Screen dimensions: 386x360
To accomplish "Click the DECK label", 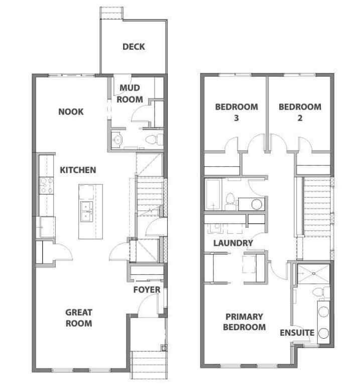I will pos(134,47).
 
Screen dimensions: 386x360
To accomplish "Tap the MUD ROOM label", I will pos(131,93).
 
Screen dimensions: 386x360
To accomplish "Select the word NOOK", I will pos(71,112).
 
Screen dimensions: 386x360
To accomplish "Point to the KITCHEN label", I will pos(78,170).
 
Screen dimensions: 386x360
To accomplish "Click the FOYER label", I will pos(147,289).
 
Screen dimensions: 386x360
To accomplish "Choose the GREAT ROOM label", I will pos(78,318).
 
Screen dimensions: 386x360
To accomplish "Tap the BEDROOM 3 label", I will pos(236,112).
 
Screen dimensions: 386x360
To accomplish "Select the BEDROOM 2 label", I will pos(300,112).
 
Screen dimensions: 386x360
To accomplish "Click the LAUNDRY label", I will pos(232,243).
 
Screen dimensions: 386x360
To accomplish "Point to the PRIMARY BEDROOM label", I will pos(245,322).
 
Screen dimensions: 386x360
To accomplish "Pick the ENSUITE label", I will pos(297,332).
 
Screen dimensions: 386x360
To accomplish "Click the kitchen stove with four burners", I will pos(47,186).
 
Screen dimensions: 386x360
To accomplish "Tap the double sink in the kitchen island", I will pos(86,212).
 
